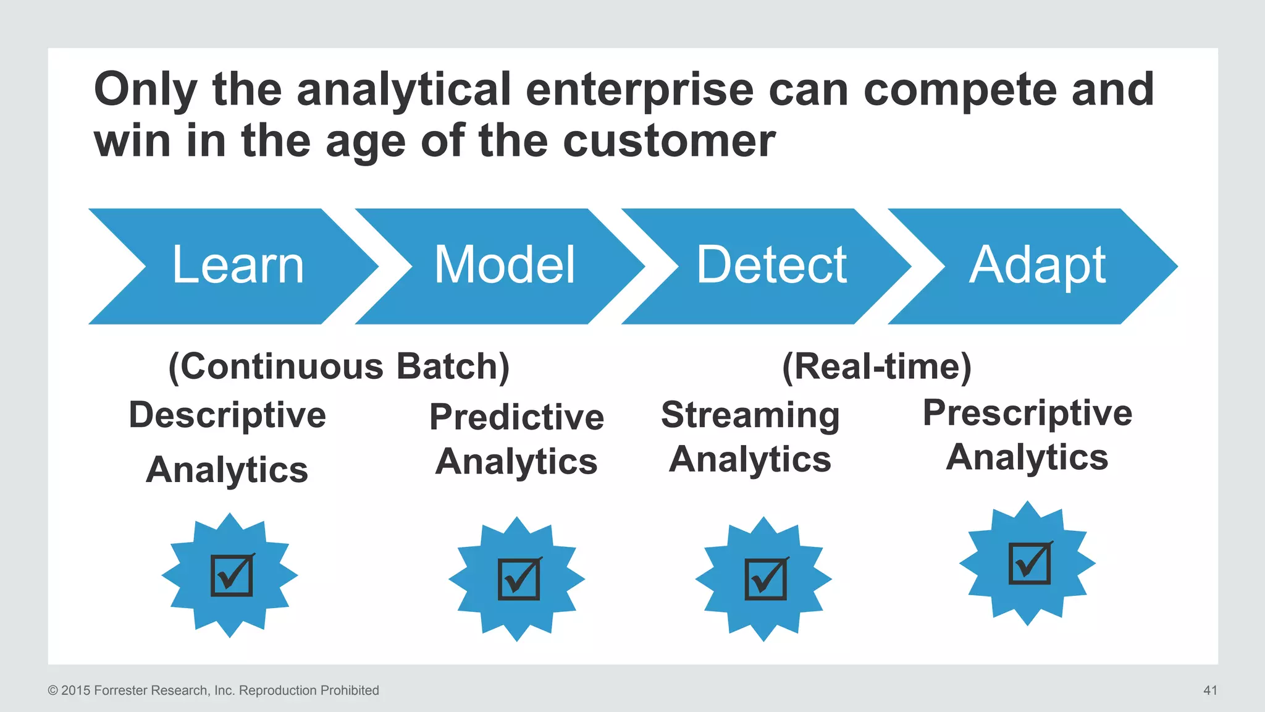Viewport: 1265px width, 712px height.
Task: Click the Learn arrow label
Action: click(x=238, y=265)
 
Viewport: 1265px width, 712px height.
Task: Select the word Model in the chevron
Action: click(x=505, y=265)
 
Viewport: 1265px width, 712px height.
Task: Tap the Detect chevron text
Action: click(x=771, y=265)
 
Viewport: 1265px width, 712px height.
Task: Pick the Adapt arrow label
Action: click(x=1037, y=266)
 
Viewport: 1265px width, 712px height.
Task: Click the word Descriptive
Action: click(x=227, y=415)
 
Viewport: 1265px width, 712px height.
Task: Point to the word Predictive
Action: click(x=516, y=417)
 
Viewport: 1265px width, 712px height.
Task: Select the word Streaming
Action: click(x=750, y=415)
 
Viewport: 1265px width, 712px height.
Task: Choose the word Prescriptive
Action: click(x=1027, y=413)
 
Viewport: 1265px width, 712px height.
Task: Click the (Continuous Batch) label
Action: click(x=339, y=367)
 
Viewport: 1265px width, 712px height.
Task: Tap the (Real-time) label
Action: click(x=876, y=367)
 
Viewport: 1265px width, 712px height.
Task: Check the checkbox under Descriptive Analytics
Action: click(x=232, y=575)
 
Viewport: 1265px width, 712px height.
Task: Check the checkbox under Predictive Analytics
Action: click(x=519, y=579)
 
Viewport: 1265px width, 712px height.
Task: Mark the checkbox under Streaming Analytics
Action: click(x=766, y=579)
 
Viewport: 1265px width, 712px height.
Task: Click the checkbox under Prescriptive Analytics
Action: click(x=1030, y=563)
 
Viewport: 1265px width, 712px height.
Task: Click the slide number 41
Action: click(x=1210, y=690)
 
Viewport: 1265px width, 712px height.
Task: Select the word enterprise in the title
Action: click(x=639, y=90)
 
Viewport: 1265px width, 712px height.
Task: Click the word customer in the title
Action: click(x=669, y=141)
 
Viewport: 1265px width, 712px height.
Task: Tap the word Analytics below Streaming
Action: click(x=750, y=460)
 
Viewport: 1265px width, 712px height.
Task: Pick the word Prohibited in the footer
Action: click(x=350, y=690)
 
